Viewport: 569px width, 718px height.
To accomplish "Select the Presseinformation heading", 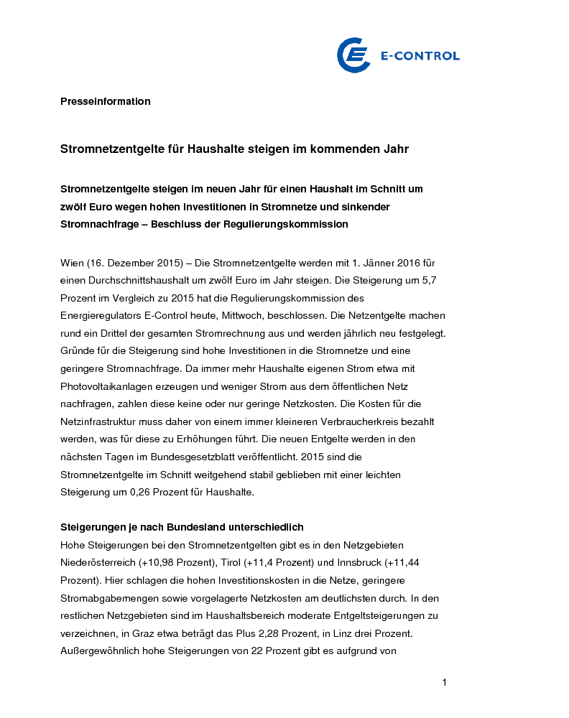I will coord(105,101).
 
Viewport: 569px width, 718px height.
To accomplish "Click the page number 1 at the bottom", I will coord(444,682).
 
